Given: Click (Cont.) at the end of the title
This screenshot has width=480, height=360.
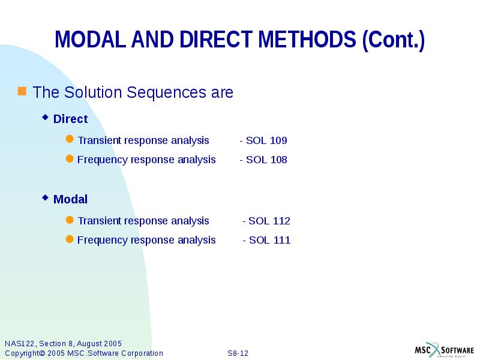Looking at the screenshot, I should pos(394,40).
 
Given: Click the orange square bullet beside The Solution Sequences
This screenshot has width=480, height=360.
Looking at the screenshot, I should pos(22,91).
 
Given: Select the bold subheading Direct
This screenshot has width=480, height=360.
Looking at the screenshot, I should pos(70,119).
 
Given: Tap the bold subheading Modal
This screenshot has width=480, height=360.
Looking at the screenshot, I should pos(70,199).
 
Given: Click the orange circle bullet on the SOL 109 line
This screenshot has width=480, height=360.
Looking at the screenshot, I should pos(70,140).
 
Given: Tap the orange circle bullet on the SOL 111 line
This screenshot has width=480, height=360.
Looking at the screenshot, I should pos(70,239).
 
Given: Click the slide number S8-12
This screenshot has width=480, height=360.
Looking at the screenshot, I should pos(238,353).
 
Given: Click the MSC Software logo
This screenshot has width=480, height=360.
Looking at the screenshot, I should pos(445,350).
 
